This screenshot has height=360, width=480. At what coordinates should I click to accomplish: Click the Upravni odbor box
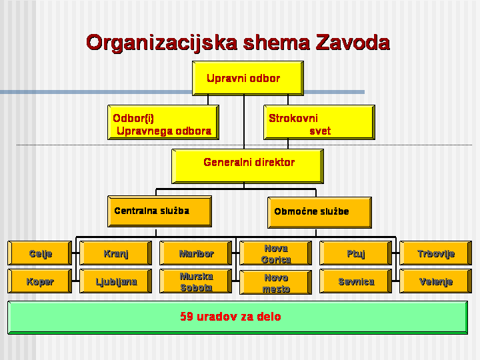(x=247, y=79)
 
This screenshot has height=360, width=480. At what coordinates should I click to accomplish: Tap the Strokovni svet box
(x=319, y=123)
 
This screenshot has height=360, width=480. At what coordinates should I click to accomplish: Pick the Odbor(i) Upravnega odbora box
(x=164, y=123)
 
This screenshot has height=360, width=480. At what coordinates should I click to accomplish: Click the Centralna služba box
(x=159, y=211)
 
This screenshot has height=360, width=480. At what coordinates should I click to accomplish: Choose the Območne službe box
(x=319, y=212)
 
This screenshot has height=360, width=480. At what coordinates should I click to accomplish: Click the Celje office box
(x=39, y=253)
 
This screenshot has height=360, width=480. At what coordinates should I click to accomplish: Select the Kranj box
(x=116, y=253)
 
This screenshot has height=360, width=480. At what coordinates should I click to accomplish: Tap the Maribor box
(x=196, y=253)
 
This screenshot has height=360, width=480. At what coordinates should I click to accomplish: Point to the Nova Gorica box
(x=275, y=253)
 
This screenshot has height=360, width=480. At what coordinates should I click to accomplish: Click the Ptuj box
(x=356, y=253)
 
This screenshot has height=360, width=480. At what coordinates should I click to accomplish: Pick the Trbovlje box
(x=435, y=253)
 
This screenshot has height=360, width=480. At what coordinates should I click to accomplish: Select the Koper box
(x=39, y=281)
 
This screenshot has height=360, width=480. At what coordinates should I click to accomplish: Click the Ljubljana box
(x=116, y=281)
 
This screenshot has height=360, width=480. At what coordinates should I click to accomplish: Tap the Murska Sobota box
(x=196, y=281)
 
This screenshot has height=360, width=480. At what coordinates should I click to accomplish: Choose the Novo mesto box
(x=275, y=282)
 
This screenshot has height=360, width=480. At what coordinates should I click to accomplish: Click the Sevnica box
(x=356, y=281)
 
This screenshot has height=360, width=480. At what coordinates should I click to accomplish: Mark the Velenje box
(x=435, y=281)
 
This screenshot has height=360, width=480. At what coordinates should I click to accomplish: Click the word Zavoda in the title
(x=353, y=43)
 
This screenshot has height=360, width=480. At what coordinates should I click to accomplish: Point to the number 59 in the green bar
(x=187, y=317)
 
